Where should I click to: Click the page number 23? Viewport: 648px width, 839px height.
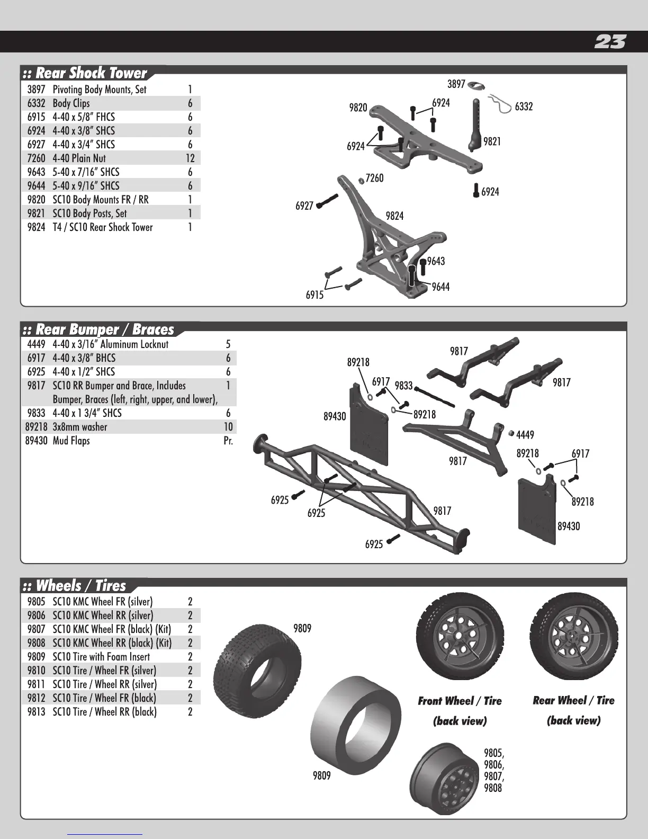[610, 42]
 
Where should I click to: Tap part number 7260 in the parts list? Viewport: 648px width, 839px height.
[36, 158]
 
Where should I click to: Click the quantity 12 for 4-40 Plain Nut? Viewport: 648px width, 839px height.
[190, 158]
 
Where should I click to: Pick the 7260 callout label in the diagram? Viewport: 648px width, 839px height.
[374, 178]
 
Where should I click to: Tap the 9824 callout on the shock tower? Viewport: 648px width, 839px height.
[394, 216]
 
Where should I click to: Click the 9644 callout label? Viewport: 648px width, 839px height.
[440, 287]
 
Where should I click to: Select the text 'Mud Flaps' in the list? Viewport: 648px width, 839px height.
[71, 441]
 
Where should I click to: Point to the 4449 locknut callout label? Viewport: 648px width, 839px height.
[525, 435]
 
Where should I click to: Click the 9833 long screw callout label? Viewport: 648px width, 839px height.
[403, 386]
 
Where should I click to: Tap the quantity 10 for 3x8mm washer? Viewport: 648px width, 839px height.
[228, 427]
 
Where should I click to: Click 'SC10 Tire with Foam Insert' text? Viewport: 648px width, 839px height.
[101, 657]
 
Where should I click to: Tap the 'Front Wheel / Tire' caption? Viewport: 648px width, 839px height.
[460, 701]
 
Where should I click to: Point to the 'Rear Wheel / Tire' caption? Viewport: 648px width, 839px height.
[573, 701]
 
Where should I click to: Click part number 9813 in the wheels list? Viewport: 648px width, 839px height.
[36, 712]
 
